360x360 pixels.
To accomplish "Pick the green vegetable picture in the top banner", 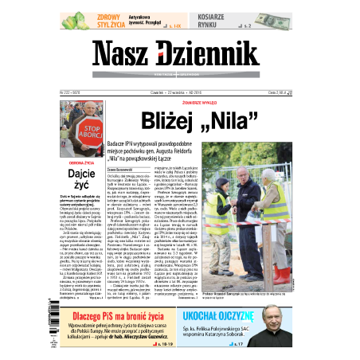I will coord(75,21).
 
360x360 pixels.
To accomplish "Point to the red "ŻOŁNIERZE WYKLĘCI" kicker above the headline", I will coord(206,104).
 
